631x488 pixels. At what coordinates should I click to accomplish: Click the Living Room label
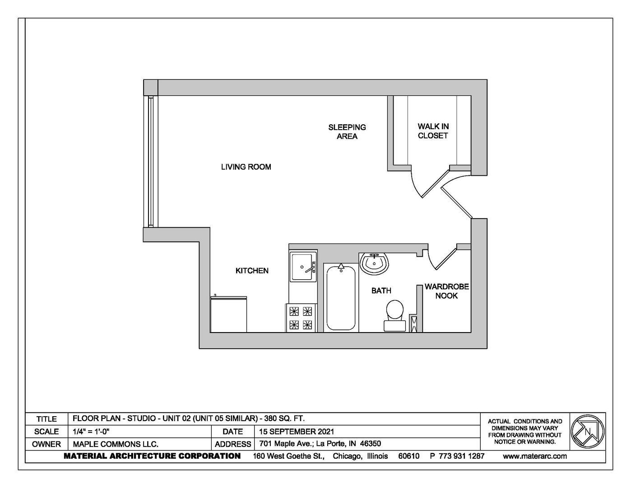(246, 167)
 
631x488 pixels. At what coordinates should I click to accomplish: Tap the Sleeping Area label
(347, 132)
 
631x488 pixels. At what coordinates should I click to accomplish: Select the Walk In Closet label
(433, 131)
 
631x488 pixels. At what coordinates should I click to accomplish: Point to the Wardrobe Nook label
(446, 291)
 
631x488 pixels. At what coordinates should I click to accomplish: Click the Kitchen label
(252, 271)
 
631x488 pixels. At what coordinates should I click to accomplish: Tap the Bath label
(381, 291)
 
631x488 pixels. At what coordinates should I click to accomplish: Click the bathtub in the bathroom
(341, 298)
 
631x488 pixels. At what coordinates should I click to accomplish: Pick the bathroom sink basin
(374, 263)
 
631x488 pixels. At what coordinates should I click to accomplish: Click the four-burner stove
(301, 318)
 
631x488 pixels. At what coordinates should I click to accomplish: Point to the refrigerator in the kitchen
(228, 314)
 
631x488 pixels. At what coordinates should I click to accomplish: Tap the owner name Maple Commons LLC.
(116, 444)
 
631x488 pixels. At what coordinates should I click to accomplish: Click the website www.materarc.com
(535, 456)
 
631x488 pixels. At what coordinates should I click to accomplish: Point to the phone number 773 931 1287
(461, 456)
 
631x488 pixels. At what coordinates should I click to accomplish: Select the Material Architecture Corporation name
(152, 456)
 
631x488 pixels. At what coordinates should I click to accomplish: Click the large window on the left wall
(151, 161)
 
